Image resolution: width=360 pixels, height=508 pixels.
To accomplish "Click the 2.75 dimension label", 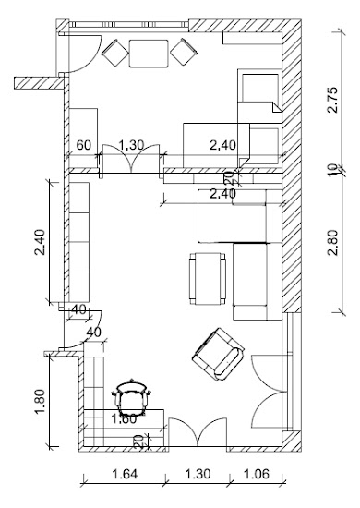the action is [x=332, y=100].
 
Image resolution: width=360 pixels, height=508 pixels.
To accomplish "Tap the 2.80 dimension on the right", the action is [x=332, y=242].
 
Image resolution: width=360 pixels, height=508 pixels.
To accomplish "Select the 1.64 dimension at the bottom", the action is [x=125, y=474].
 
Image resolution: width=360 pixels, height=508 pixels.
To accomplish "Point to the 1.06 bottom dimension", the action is [x=256, y=474].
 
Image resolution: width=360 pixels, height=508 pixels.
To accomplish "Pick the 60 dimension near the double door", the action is [x=84, y=145].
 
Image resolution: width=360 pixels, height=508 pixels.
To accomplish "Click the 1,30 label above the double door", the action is [x=131, y=145].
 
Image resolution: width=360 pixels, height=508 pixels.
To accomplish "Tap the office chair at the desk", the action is [x=131, y=397].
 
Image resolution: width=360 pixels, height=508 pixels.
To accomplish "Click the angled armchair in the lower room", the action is [x=218, y=355].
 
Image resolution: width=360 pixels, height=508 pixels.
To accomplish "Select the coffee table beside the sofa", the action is [x=208, y=279].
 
